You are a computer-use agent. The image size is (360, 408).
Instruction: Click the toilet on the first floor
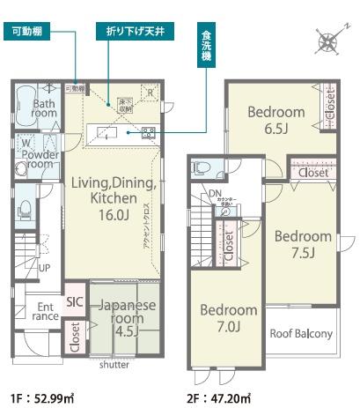[x=25, y=207]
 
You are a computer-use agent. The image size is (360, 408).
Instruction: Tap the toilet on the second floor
[x=199, y=168]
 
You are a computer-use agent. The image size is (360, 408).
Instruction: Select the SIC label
[x=74, y=300]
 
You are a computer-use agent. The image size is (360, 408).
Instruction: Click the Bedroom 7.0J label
[x=228, y=318]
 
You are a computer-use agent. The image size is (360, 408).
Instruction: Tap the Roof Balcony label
[x=300, y=333]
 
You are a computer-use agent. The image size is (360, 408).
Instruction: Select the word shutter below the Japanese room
[x=114, y=364]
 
